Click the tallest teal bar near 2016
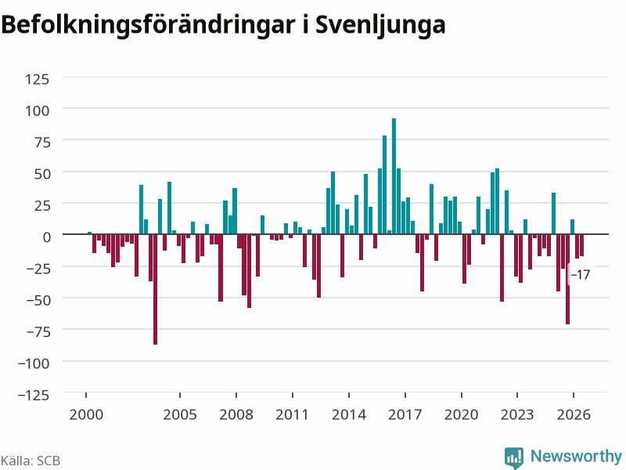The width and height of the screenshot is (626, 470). [394, 175]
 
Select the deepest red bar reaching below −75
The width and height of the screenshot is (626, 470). [155, 289]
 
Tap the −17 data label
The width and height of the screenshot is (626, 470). [580, 275]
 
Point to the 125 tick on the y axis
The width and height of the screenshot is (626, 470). [37, 79]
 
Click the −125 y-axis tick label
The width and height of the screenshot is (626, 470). [34, 395]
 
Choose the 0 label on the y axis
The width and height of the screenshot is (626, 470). [47, 237]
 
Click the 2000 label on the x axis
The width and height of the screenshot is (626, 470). [86, 414]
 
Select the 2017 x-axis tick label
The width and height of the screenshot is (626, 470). [405, 414]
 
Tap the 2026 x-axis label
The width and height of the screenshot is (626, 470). [574, 414]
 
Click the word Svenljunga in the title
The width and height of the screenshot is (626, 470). [380, 25]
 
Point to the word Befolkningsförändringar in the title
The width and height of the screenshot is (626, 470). [148, 25]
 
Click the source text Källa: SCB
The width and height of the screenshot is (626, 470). [31, 461]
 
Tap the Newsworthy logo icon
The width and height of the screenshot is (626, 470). [514, 457]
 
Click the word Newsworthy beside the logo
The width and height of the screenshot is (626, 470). [576, 456]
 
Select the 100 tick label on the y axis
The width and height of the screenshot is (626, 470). [37, 110]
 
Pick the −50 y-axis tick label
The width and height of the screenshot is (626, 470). [38, 300]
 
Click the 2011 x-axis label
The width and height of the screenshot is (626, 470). [292, 414]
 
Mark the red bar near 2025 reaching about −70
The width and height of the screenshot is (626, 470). [567, 279]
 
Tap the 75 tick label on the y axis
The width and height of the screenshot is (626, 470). [42, 143]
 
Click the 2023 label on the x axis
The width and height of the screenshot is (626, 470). [517, 414]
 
